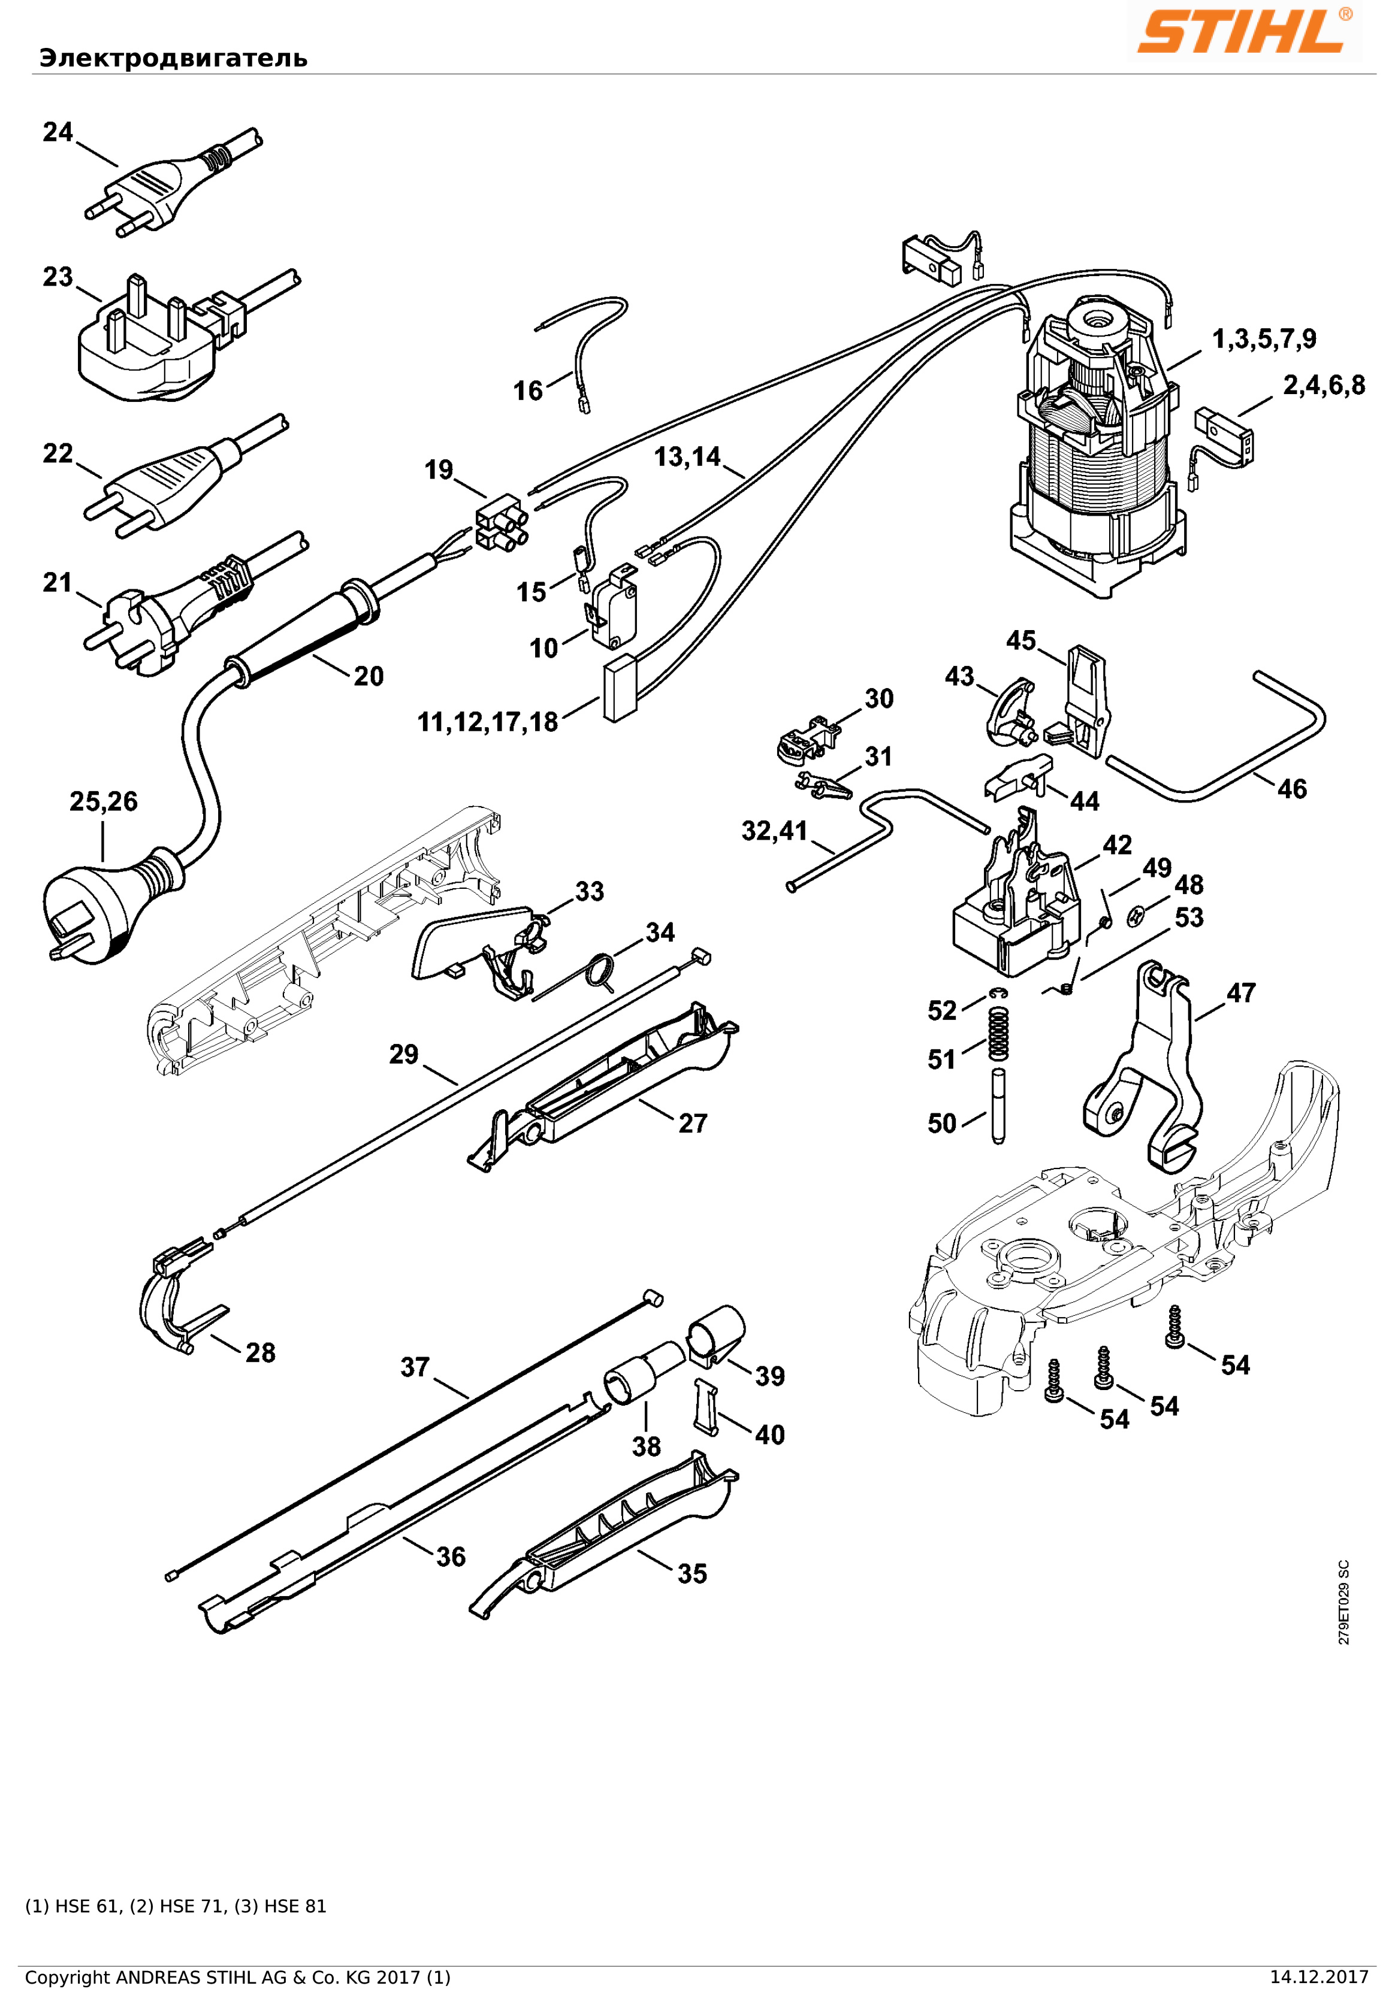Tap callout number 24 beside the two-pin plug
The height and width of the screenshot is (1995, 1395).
coord(58,132)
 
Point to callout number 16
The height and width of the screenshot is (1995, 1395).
coord(527,391)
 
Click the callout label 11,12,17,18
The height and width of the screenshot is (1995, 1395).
coord(488,722)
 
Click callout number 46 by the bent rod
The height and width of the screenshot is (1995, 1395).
coord(1291,789)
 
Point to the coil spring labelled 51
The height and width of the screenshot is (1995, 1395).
coord(1000,1033)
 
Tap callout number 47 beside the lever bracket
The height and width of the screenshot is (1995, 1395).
coord(1240,992)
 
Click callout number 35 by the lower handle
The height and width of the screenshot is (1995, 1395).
coord(692,1573)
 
